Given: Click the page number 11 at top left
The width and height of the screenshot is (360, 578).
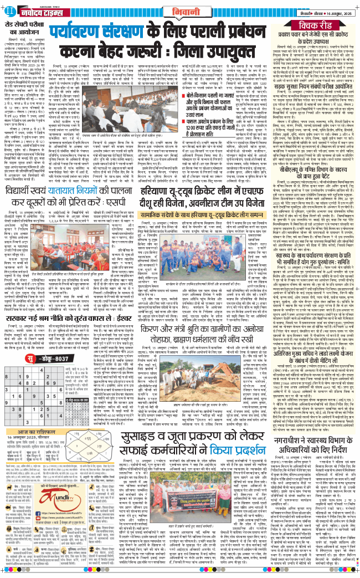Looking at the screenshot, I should coord(11,9).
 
